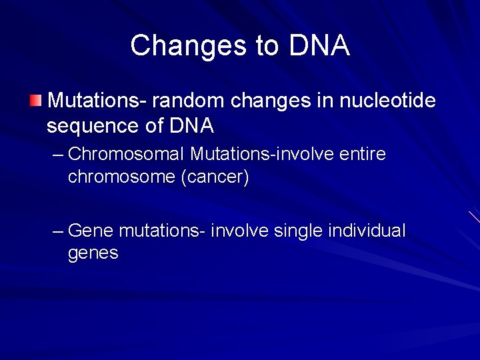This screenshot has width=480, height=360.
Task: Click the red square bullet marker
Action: (35, 101)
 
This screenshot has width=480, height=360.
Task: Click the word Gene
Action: (91, 231)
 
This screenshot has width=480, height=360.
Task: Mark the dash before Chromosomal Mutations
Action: (58, 155)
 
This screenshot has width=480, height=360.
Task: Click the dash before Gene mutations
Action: (58, 231)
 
